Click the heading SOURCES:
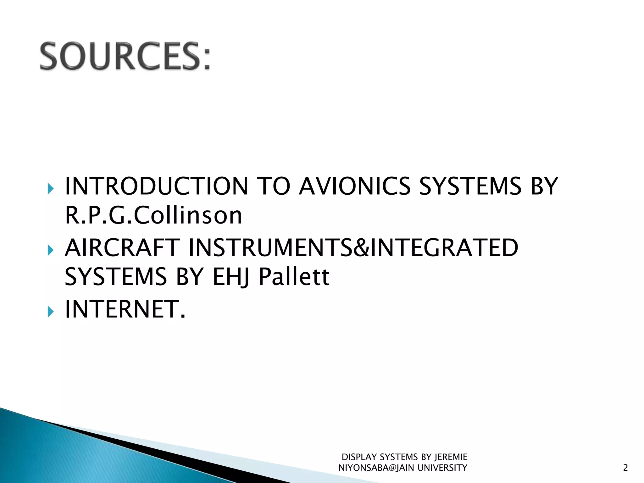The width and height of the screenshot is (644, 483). (x=125, y=57)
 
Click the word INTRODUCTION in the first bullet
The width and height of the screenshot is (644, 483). (x=156, y=186)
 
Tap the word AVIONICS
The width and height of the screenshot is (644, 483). (x=354, y=186)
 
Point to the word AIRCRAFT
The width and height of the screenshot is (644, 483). (x=122, y=248)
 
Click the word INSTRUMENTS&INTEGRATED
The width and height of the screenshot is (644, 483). (x=353, y=248)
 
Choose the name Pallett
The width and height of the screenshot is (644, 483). (x=294, y=277)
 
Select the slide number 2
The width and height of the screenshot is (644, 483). (x=625, y=468)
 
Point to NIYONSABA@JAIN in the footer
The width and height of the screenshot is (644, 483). (x=376, y=468)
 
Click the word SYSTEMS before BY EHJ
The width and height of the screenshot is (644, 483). (x=115, y=277)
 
